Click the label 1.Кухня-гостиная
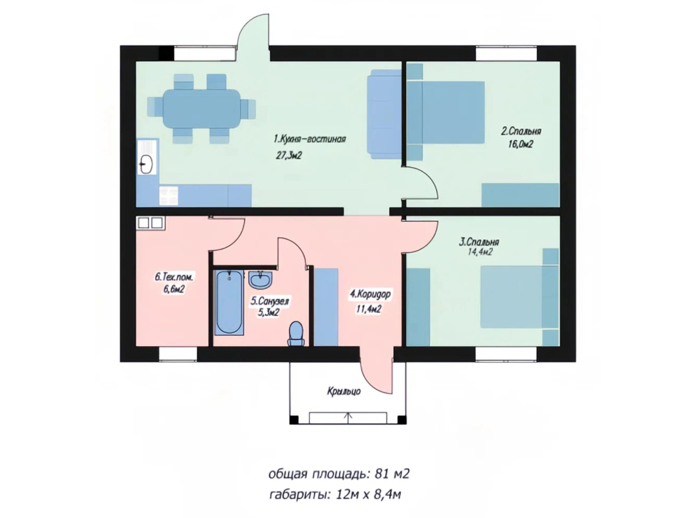pyautogui.click(x=310, y=139)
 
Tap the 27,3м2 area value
pyautogui.click(x=288, y=155)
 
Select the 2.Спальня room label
pyautogui.click(x=521, y=131)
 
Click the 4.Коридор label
pyautogui.click(x=370, y=294)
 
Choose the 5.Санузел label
pyautogui.click(x=269, y=301)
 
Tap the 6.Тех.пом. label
pyautogui.click(x=174, y=277)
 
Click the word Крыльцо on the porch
pyautogui.click(x=343, y=392)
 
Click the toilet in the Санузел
pyautogui.click(x=296, y=334)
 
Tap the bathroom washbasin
pyautogui.click(x=261, y=279)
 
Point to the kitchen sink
pyautogui.click(x=147, y=164)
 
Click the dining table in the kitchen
pyautogui.click(x=202, y=108)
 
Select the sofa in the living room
pyautogui.click(x=385, y=114)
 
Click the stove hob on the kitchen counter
pyautogui.click(x=169, y=196)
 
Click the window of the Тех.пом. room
pyautogui.click(x=178, y=354)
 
